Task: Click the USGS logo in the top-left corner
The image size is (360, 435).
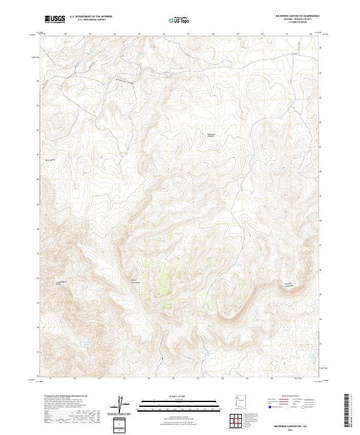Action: [55, 19]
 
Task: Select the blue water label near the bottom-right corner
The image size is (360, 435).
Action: [311, 356]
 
